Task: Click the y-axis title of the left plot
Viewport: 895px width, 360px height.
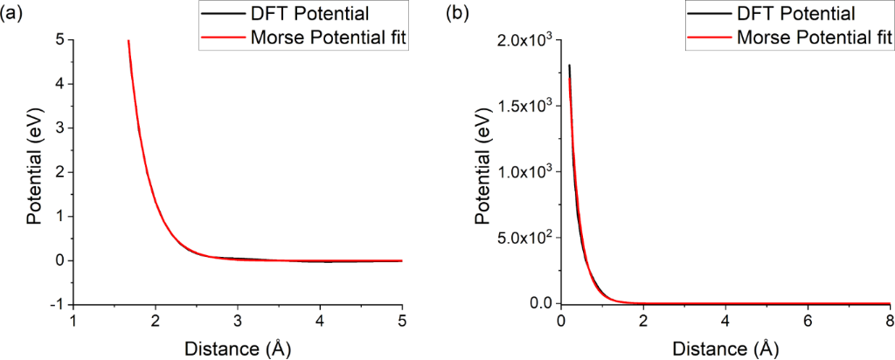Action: (34, 173)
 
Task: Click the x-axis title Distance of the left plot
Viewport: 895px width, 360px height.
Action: (237, 348)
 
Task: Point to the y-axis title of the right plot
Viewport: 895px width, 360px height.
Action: (482, 173)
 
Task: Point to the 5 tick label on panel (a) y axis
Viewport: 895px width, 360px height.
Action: (59, 39)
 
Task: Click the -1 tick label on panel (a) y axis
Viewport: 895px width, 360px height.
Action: (55, 304)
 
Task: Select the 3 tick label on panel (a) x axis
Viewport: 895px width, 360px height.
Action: (238, 322)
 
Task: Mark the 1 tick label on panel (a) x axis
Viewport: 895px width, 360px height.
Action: (73, 322)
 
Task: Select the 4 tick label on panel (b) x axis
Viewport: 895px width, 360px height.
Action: (725, 322)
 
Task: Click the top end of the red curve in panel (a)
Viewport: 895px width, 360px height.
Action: (128, 40)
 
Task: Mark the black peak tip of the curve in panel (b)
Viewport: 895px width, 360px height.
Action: (570, 65)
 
